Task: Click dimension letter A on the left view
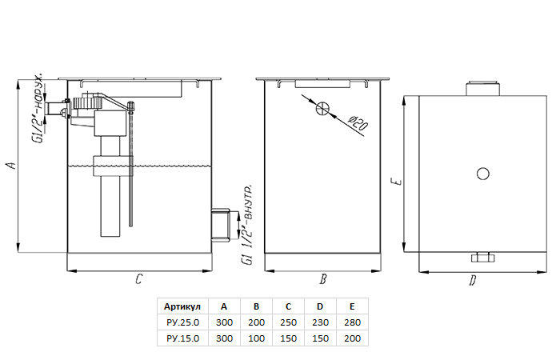(12, 165)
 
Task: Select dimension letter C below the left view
(138, 279)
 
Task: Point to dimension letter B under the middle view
(323, 279)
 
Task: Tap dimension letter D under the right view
(473, 281)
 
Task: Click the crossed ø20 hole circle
(322, 108)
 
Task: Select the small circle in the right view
(482, 174)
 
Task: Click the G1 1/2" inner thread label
(246, 224)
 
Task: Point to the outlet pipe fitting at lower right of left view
(221, 225)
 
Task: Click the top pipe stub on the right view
(482, 89)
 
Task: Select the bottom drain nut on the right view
(482, 258)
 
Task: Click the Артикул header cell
(182, 306)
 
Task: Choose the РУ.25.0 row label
(182, 322)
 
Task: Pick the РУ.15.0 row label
(182, 338)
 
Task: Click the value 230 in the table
(320, 322)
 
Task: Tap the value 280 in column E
(352, 322)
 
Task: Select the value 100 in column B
(256, 338)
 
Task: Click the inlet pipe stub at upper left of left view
(56, 108)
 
